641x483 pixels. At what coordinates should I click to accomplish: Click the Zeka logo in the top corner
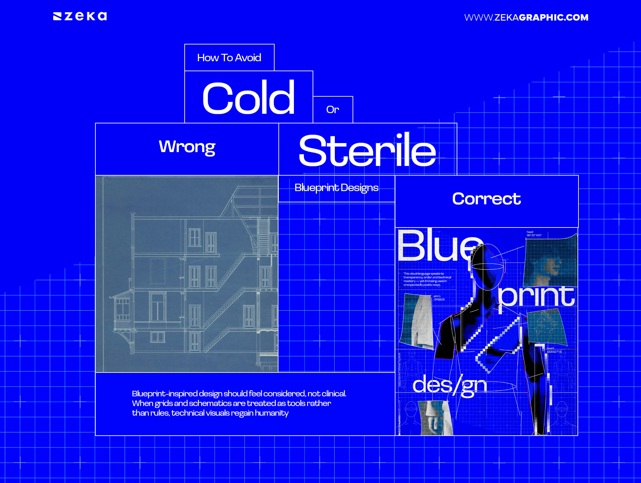[80, 16]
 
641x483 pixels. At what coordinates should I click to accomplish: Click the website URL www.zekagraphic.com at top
[526, 17]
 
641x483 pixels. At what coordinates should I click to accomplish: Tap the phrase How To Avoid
[229, 58]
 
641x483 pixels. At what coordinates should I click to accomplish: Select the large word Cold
[248, 98]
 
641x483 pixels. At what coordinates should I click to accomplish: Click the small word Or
[333, 110]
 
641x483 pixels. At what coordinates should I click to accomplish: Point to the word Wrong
[187, 147]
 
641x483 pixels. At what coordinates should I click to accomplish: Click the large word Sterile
[367, 150]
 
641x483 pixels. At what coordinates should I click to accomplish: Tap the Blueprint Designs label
[336, 188]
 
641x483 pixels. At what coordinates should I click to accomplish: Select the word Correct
[486, 198]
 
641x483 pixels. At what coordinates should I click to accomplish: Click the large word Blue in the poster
[438, 246]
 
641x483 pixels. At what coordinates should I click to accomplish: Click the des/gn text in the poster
[450, 385]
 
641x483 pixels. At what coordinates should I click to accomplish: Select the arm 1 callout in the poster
[439, 298]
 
